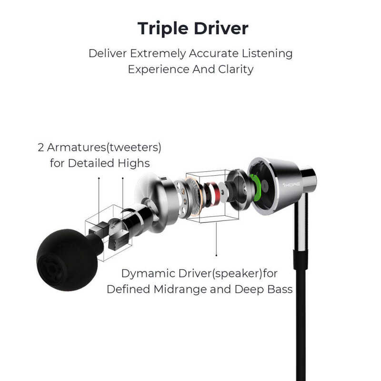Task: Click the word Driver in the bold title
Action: (x=221, y=29)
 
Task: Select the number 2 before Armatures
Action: (x=41, y=147)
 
